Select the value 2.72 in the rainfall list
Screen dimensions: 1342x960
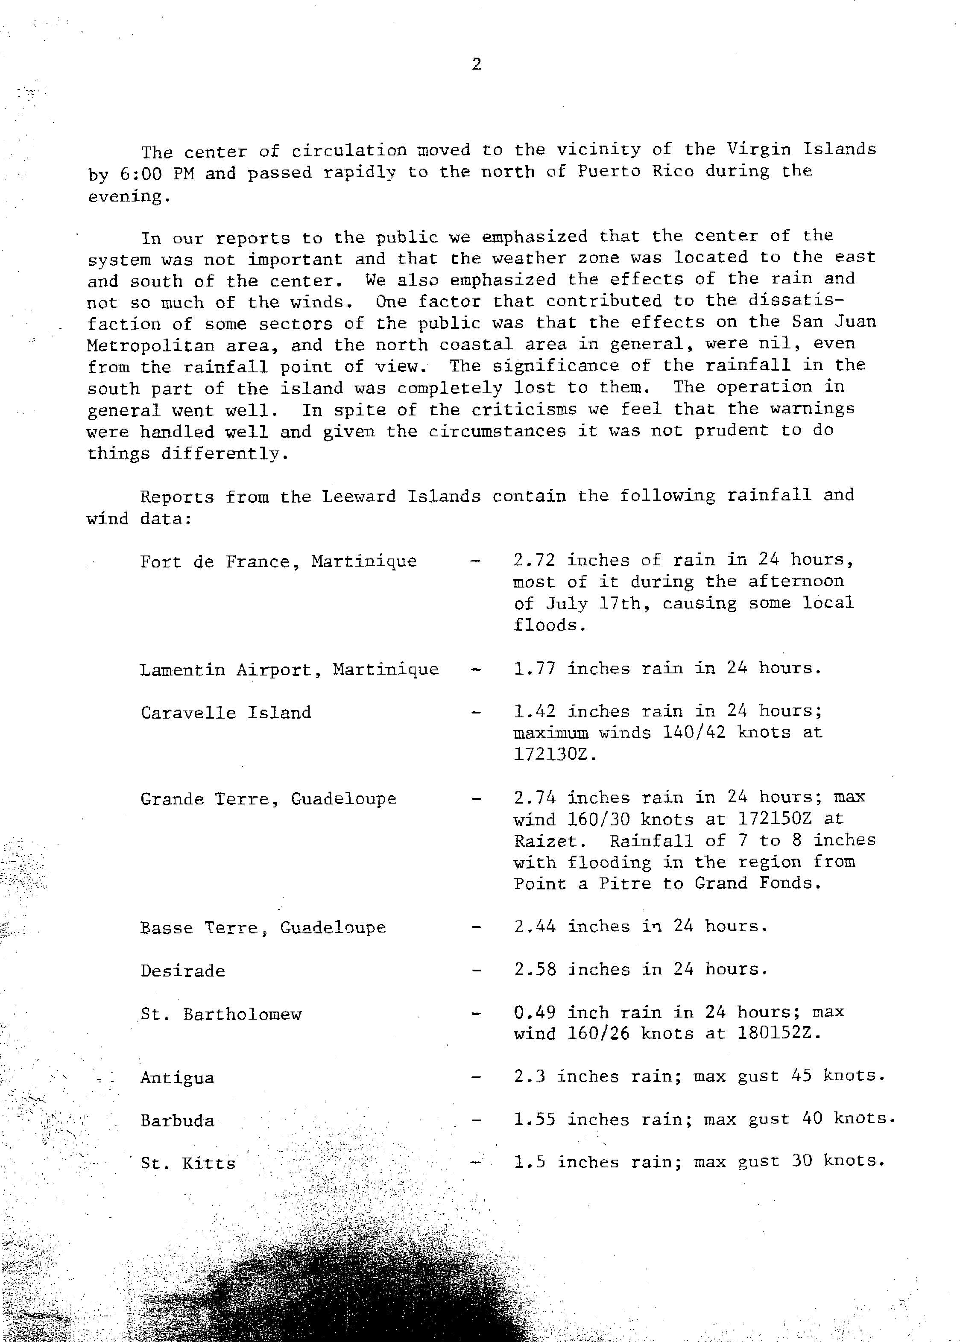[x=534, y=560]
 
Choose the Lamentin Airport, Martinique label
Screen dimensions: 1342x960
[x=289, y=670]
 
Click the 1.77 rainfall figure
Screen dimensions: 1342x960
[x=534, y=668]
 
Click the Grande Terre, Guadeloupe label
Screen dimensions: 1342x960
[x=268, y=799]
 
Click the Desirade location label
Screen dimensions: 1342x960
[x=183, y=971]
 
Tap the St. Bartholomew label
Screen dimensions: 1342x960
[x=221, y=1015]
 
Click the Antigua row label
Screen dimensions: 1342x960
[x=177, y=1078]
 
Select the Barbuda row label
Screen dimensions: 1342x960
[x=177, y=1121]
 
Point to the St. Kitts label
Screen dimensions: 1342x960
[x=188, y=1164]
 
